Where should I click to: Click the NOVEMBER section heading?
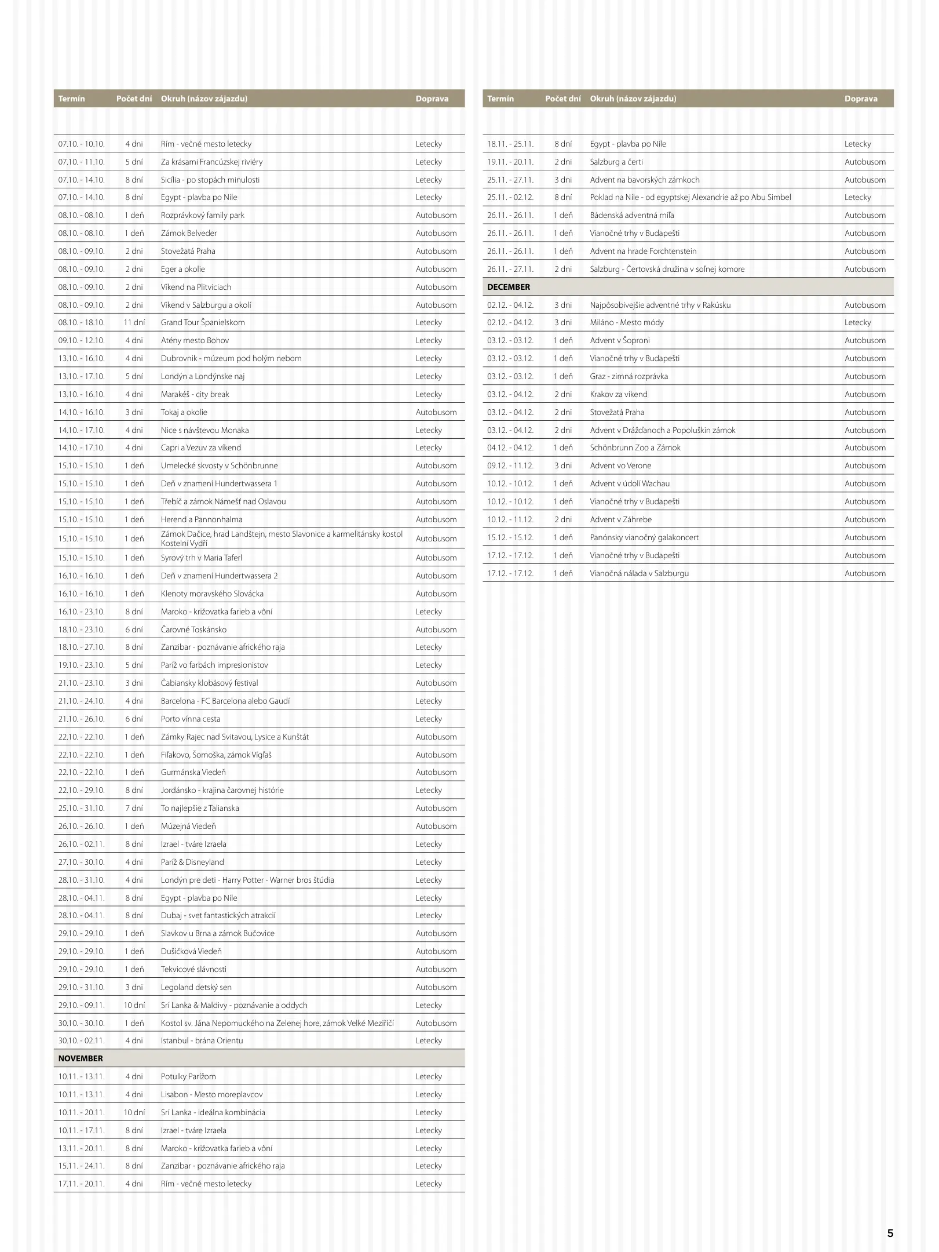(81, 1058)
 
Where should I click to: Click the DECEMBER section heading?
(509, 287)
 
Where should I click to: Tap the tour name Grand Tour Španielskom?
(203, 322)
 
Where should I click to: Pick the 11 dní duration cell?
(134, 322)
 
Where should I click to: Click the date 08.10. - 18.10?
(82, 322)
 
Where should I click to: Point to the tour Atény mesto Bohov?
(195, 340)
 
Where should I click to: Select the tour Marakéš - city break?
(195, 394)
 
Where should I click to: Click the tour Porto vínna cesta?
(191, 719)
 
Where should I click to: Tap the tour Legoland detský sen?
(196, 987)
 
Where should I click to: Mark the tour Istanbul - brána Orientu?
(202, 1040)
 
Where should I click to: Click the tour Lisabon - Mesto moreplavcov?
(211, 1094)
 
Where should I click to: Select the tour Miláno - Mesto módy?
(627, 322)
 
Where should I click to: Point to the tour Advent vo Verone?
(620, 465)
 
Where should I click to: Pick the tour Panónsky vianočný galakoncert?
(644, 537)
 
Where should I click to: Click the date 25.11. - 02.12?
(510, 197)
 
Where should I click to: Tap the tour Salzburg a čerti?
(616, 162)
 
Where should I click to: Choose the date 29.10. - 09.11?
(82, 1005)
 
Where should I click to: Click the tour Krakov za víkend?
(619, 394)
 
